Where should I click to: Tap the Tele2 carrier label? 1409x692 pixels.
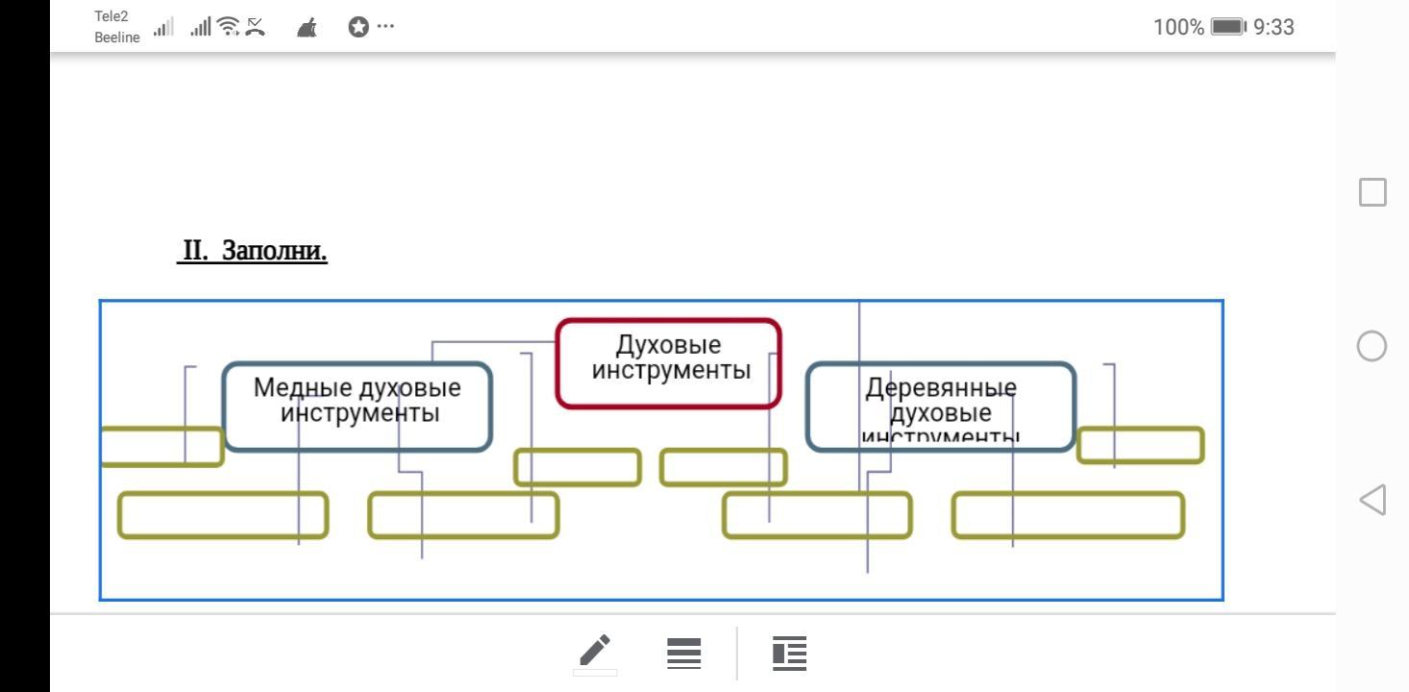click(111, 16)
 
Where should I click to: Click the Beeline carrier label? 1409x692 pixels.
click(117, 37)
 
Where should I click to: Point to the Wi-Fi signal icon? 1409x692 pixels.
click(228, 28)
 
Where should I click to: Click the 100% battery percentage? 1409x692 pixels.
click(1178, 27)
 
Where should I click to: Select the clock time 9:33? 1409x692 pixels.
click(1274, 27)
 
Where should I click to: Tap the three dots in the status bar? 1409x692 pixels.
click(385, 27)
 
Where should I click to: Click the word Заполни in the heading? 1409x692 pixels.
click(275, 251)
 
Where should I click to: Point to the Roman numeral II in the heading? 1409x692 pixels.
click(196, 251)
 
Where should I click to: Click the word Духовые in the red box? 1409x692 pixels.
click(668, 346)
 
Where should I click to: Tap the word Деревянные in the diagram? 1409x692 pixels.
click(940, 388)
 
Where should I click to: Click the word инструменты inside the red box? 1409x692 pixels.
click(670, 370)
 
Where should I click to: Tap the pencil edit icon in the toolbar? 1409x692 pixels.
click(595, 652)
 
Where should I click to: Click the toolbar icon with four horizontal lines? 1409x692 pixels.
click(683, 653)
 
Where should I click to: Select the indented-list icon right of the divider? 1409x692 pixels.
click(789, 653)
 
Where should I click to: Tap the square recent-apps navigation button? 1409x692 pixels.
click(1372, 191)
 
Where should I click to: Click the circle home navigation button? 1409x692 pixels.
click(1372, 346)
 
